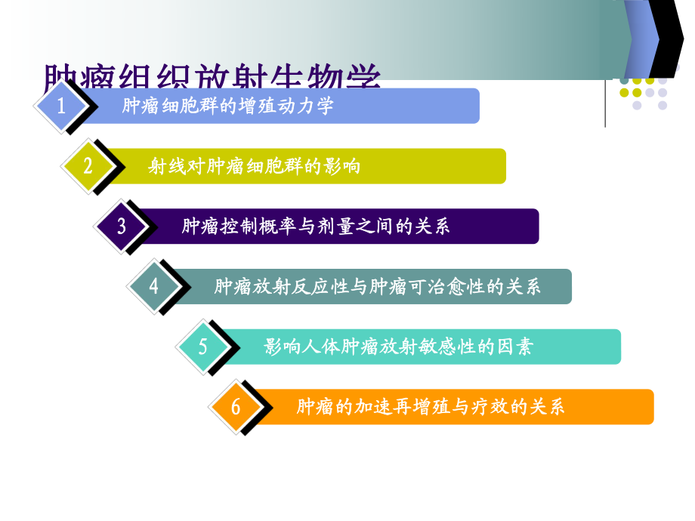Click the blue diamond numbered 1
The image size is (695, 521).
62,106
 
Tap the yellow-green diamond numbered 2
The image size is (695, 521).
88,166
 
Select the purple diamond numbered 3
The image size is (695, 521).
122,227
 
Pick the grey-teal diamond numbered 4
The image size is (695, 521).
154,286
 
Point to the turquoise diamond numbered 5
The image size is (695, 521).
202,347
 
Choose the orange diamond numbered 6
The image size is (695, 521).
235,407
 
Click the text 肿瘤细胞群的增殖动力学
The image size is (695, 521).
227,106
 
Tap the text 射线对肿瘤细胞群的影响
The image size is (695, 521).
254,166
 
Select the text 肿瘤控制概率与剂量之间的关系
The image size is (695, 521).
316,227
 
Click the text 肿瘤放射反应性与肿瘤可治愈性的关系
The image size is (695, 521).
377,287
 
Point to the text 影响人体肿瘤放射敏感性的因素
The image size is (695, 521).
398,347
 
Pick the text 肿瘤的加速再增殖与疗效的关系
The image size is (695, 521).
431,407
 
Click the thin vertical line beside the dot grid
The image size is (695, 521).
605,102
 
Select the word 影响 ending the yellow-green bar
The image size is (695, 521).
341,166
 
